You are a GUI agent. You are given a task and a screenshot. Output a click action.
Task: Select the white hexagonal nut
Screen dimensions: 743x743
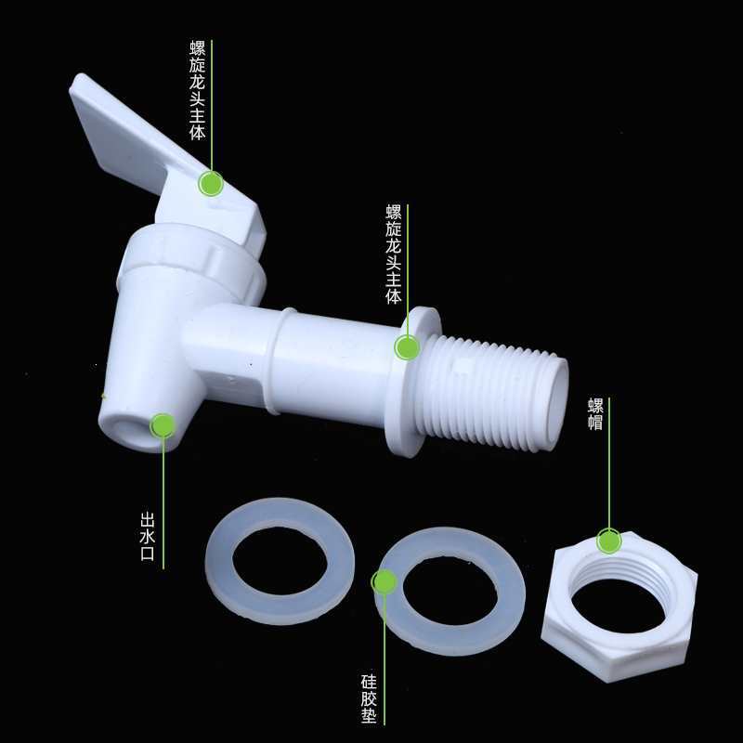coord(619,607)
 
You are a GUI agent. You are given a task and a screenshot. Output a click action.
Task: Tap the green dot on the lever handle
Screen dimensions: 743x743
coord(211,183)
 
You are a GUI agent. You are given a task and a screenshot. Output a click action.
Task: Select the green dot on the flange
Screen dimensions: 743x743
coord(407,346)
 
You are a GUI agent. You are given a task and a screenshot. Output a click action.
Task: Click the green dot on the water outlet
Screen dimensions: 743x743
coord(163,425)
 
